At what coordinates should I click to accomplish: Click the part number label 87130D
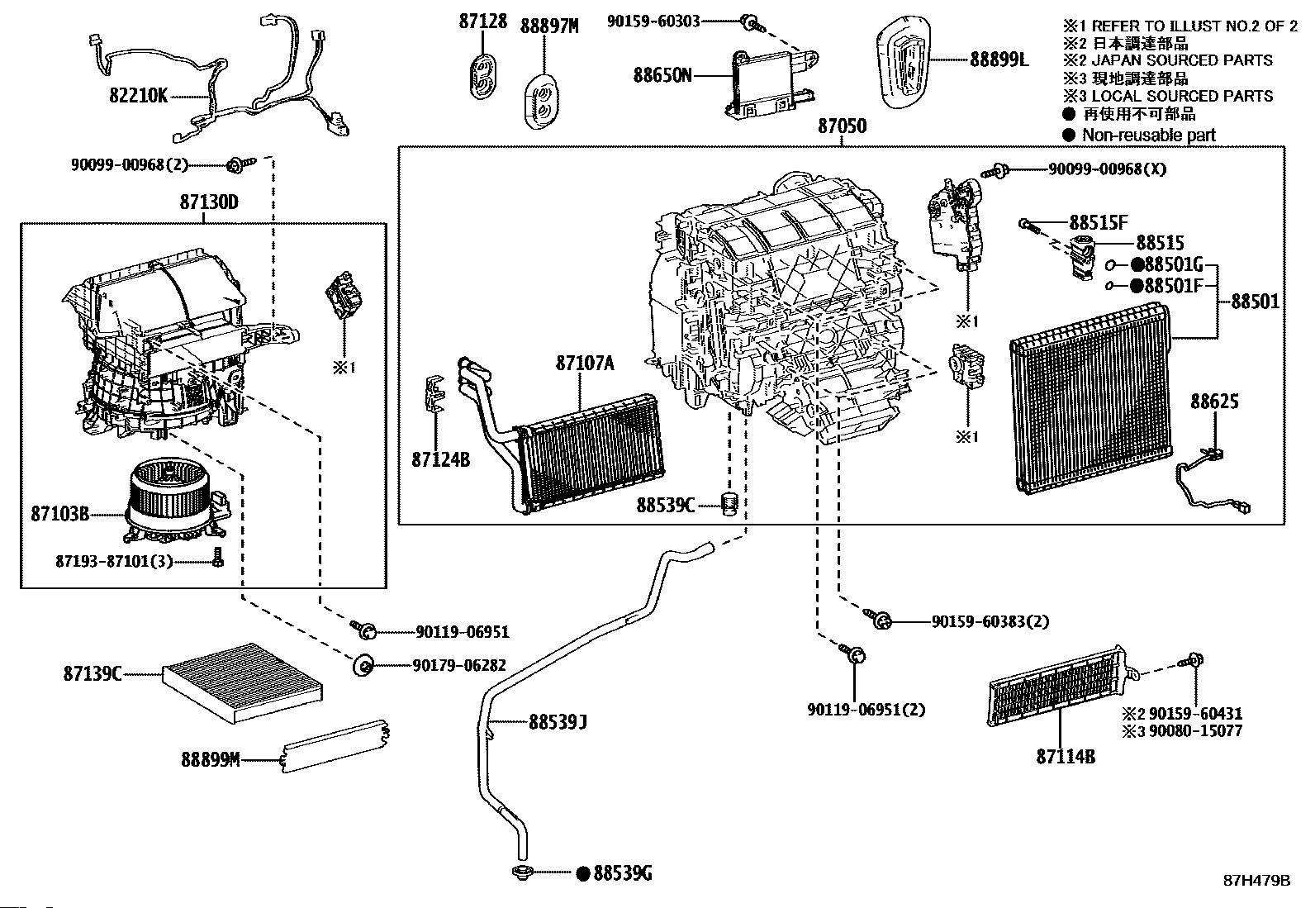coord(208,202)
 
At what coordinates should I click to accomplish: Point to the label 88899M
coord(210,758)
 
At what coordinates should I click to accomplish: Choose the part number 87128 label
coord(483,21)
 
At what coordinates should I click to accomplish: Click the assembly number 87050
coord(842,126)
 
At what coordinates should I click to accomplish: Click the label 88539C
coord(665,503)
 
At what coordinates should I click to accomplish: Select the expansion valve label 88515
coord(1159,243)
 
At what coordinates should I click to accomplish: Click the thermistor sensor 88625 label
coord(1213,402)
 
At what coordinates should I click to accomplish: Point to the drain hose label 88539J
coord(558,722)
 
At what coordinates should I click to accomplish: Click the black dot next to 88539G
coord(582,872)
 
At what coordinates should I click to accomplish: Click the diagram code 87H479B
coord(1256,881)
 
